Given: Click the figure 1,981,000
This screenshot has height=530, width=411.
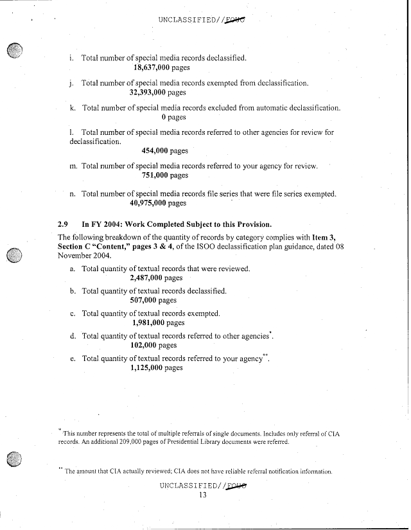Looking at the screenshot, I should click(x=147, y=322).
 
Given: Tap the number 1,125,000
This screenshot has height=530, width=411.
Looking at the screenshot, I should click(x=147, y=367).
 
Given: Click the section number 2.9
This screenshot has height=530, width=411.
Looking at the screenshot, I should click(x=63, y=224).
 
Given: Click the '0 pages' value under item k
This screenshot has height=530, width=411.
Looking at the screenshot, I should click(x=173, y=117).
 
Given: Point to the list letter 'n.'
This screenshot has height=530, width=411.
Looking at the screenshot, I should click(x=73, y=193).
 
